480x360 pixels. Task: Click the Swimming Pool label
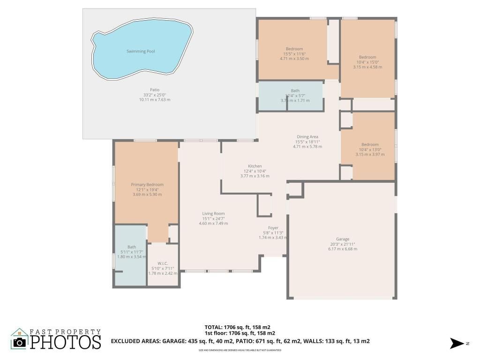141,51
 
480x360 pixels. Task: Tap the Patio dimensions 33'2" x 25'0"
155,95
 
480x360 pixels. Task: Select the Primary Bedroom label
147,185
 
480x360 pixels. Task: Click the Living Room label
213,214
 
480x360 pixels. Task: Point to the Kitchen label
255,166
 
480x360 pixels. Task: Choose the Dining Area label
307,137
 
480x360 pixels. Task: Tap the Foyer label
273,228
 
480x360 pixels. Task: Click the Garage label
343,239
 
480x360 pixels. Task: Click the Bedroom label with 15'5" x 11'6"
294,49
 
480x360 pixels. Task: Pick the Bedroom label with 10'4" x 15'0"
367,57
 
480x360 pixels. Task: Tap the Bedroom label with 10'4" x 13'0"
370,144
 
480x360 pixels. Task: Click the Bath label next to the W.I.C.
131,247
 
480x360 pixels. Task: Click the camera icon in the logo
19,342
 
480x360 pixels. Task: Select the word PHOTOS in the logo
66,342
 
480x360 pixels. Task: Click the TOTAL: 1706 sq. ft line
237,327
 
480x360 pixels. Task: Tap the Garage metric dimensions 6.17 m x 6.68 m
343,249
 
